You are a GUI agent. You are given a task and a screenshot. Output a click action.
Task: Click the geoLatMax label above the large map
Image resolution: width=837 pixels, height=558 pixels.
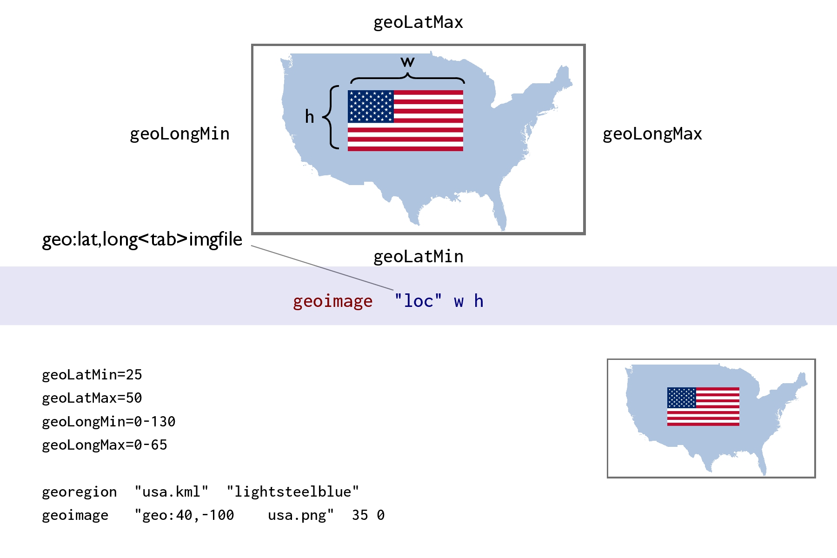click(418, 22)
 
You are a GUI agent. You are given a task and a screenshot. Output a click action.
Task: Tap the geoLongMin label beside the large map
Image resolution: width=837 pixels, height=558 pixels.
click(179, 134)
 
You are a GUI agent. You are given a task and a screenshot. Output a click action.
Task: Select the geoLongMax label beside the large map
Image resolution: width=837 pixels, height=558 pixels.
click(652, 134)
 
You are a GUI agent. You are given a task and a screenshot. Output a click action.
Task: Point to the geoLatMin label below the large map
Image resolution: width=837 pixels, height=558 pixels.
click(418, 257)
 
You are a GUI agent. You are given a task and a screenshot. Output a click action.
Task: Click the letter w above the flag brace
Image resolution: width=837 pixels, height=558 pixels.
click(407, 62)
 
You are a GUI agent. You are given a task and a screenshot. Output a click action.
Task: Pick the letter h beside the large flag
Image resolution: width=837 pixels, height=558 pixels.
click(309, 116)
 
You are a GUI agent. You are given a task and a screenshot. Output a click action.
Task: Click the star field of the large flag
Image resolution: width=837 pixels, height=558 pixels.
click(371, 106)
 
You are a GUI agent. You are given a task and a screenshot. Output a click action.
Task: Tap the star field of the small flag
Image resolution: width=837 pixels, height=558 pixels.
click(681, 398)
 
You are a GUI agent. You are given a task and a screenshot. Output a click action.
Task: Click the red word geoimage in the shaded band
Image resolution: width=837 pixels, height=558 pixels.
click(332, 301)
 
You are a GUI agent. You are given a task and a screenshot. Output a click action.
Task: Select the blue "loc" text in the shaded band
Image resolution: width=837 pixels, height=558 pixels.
click(418, 301)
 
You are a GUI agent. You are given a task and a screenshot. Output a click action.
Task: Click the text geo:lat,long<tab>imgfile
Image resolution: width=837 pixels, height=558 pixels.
click(142, 239)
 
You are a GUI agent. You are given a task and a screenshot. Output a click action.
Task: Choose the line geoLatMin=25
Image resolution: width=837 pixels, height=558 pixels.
click(92, 375)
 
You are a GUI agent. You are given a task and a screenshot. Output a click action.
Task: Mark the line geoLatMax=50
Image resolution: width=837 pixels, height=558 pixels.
click(92, 398)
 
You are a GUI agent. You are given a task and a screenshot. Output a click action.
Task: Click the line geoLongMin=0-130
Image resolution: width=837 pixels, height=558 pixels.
click(108, 422)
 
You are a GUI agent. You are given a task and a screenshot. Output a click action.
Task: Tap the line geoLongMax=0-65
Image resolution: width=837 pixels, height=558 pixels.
click(104, 445)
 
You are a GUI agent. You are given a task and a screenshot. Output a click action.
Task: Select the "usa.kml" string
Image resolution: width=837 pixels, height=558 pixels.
click(171, 492)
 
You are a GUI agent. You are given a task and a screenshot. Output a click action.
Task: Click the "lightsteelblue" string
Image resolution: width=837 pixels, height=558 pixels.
click(292, 492)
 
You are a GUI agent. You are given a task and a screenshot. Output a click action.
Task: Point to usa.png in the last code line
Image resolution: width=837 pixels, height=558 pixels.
click(300, 515)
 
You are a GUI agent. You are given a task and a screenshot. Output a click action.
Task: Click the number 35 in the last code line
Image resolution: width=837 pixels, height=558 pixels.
click(360, 515)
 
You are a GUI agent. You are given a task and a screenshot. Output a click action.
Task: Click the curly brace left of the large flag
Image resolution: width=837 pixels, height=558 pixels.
click(331, 117)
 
